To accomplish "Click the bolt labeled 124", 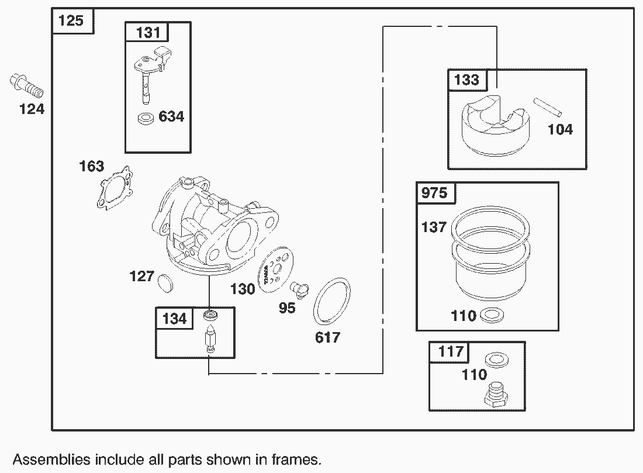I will coord(27,86).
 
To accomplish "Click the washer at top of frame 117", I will coord(496,359).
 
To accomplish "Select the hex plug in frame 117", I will coord(496,395).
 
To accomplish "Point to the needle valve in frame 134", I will coord(210,339).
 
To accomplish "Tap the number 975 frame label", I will coord(434,192).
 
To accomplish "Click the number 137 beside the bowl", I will coord(434,227).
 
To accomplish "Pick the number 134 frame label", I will coord(174,318).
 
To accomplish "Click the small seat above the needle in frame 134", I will coord(210,316).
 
